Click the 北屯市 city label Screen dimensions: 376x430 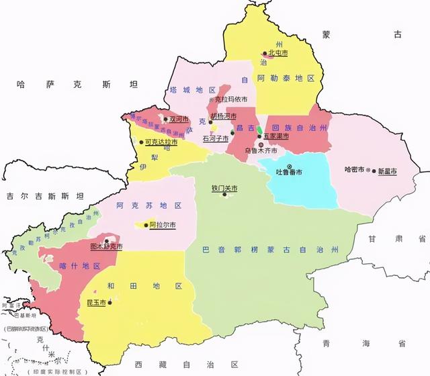coord(277,53)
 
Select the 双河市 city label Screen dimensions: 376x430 coord(179,119)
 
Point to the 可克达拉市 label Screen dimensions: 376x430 coord(162,142)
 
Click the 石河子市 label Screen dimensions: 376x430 coord(216,138)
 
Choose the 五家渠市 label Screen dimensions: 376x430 coord(275,136)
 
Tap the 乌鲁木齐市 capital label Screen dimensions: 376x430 coord(261,151)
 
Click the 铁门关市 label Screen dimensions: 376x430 coord(224,189)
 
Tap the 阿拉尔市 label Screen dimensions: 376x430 coord(162,225)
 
